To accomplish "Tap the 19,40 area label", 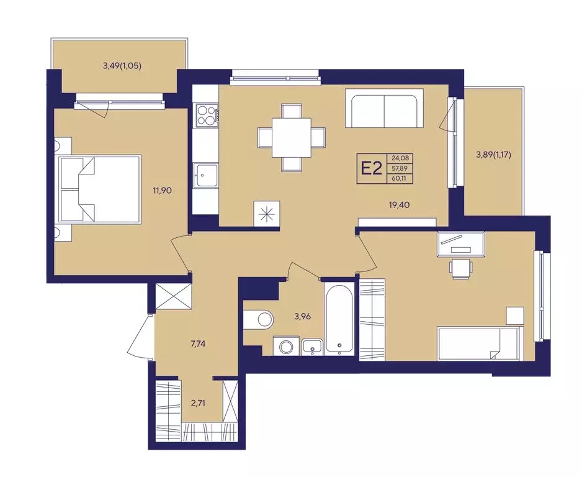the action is point(400,204).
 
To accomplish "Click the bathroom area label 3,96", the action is point(302,317).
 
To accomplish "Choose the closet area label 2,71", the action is point(198,402).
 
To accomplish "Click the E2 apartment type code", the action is point(372,169).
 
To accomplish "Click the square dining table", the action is point(292,138).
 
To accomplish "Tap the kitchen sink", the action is point(205,175).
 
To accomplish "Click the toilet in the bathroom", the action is point(259,319).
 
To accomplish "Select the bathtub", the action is point(339,318).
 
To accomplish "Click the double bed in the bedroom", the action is point(99,189).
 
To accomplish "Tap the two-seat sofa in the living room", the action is point(385,108).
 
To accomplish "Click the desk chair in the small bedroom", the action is point(460,268).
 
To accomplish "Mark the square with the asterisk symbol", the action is point(267,214).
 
